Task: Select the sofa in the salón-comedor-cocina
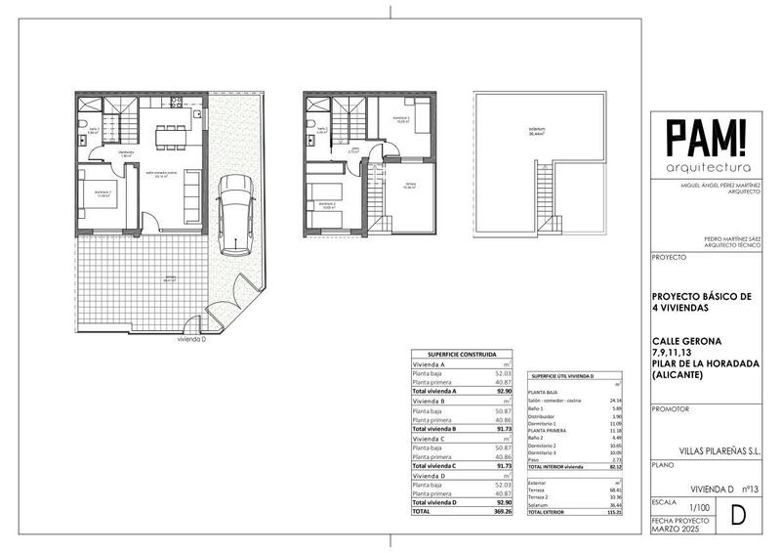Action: [x=190, y=193]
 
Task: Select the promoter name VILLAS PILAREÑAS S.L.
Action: [x=710, y=451]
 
